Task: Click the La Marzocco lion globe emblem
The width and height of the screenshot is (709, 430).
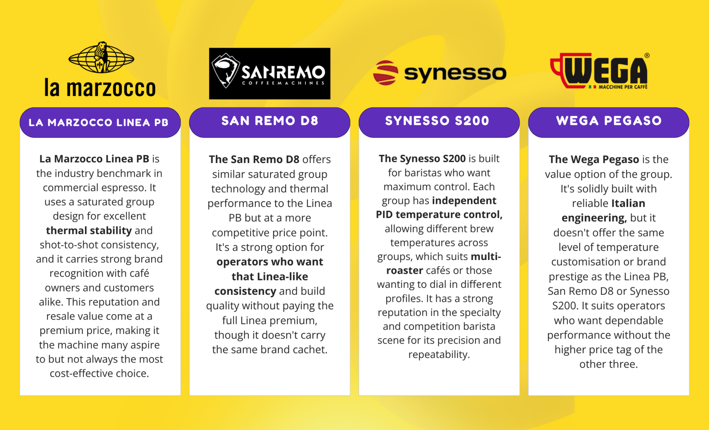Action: tap(101, 57)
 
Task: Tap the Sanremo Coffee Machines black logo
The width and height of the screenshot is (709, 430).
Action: tap(270, 74)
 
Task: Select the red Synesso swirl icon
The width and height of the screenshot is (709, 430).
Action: tap(386, 73)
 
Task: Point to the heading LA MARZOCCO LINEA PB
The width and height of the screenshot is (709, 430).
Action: tap(99, 122)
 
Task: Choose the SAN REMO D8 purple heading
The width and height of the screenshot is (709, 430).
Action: tap(270, 121)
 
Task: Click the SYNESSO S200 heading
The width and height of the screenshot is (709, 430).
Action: tap(437, 121)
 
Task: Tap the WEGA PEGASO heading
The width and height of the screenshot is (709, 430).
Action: tap(609, 121)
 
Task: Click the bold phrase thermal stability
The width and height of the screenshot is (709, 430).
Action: tap(89, 231)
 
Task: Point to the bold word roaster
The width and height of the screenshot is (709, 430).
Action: tap(404, 270)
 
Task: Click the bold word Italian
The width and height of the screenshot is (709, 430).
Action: tap(628, 203)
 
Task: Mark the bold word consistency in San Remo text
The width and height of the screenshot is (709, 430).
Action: tap(245, 291)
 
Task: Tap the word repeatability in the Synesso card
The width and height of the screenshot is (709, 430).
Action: tap(439, 355)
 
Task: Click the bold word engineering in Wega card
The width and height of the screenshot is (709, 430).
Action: tap(594, 218)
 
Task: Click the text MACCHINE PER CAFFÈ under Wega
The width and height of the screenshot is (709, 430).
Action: tap(623, 87)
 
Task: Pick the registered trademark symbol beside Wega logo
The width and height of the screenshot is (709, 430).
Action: tap(647, 55)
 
